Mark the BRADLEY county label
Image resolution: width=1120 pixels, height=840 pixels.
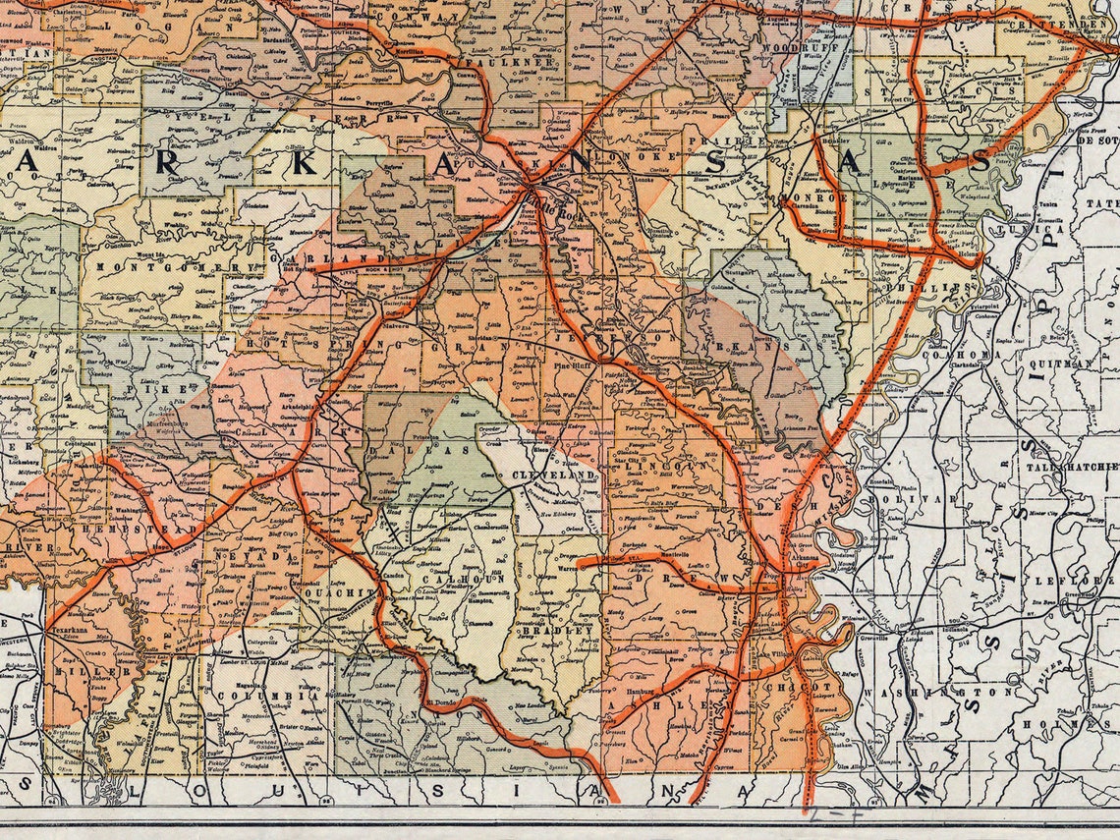pyautogui.click(x=556, y=629)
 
